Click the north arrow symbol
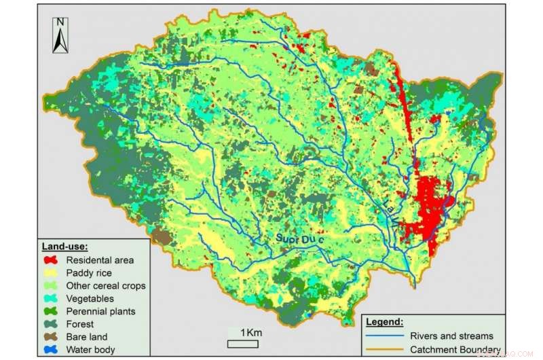[60, 40]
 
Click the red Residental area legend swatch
[51, 259]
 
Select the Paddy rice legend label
[90, 272]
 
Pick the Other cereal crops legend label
[105, 285]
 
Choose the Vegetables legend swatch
[51, 298]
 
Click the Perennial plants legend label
[100, 311]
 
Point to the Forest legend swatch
[51, 324]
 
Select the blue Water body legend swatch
[51, 350]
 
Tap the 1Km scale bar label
[249, 332]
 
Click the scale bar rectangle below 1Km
[243, 343]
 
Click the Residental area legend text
[100, 259]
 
